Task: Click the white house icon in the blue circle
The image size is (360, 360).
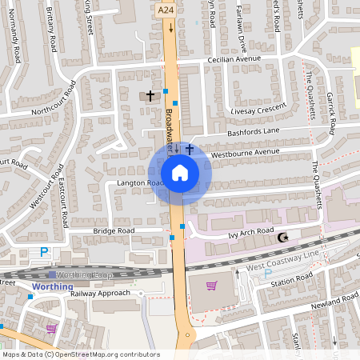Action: coord(180,172)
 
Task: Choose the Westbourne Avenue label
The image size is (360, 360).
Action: coord(245,151)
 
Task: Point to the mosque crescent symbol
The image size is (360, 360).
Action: coord(282,237)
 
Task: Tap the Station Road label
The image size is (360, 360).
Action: coord(293,279)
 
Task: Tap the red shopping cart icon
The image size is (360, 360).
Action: coord(212,286)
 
